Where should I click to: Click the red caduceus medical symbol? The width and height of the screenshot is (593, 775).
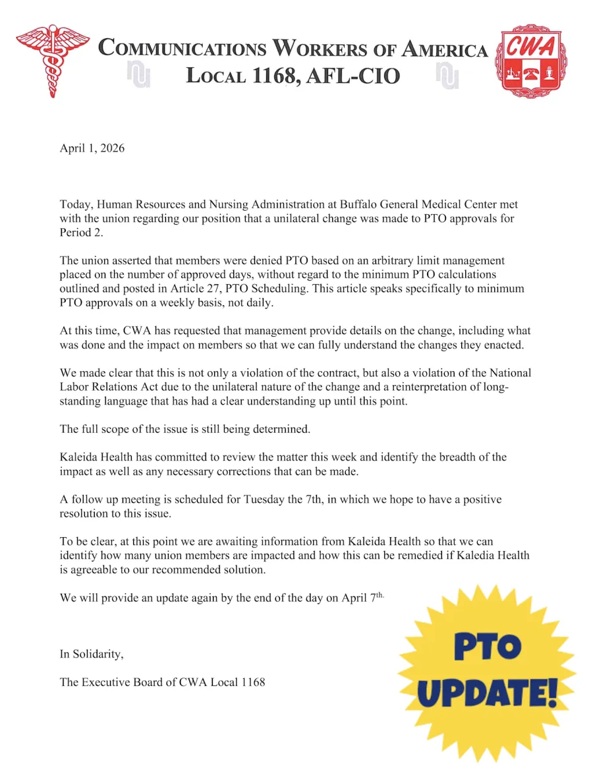tap(52, 60)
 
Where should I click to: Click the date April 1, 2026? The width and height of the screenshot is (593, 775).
tap(92, 148)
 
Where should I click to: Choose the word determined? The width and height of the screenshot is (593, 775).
tap(279, 429)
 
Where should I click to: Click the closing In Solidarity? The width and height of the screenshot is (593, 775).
tap(92, 654)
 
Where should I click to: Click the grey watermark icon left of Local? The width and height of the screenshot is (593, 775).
tap(139, 76)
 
